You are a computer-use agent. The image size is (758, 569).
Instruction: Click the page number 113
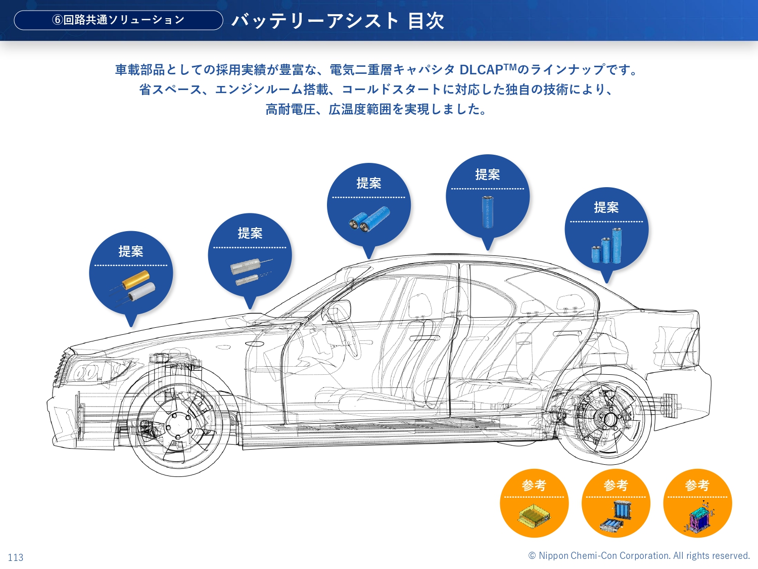click(x=16, y=557)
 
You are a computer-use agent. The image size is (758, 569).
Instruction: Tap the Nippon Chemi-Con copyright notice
click(x=639, y=555)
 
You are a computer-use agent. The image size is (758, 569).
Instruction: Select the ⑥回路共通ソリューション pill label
click(x=118, y=20)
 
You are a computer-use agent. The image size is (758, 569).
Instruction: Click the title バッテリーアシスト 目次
click(x=338, y=21)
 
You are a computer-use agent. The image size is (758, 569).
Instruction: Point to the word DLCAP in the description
click(x=481, y=70)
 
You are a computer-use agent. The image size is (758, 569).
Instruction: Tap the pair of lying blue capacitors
click(x=369, y=219)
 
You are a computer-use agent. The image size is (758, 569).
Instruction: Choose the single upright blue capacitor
click(x=488, y=211)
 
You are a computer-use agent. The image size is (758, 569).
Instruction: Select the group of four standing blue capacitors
click(x=607, y=247)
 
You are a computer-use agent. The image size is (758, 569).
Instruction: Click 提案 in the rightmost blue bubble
click(x=606, y=207)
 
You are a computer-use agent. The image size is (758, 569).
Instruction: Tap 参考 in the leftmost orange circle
click(x=534, y=486)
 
